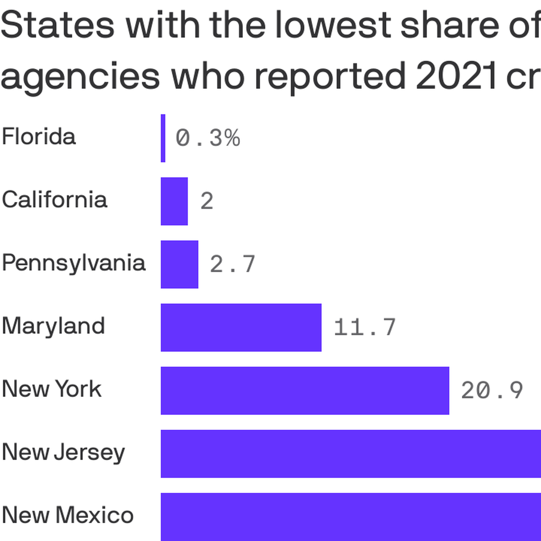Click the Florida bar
tap(163, 138)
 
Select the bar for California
tap(174, 201)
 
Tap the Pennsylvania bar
tap(179, 264)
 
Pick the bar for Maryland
tap(241, 327)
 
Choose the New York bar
tap(305, 391)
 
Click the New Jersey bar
tap(351, 454)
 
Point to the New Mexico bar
tap(351, 517)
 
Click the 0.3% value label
tap(208, 138)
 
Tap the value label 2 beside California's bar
tap(207, 201)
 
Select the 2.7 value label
tap(233, 264)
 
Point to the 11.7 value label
tap(365, 327)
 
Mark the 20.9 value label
tap(492, 391)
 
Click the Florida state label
tap(39, 136)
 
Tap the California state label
tap(55, 199)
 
